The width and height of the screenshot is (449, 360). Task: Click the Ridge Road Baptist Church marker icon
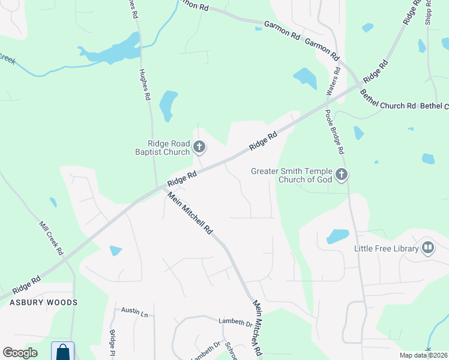pos(199,146)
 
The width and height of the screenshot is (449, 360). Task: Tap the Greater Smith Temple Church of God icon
pos(341,175)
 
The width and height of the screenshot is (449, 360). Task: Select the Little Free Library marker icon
pos(428,247)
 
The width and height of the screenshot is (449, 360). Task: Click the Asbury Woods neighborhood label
pos(43,302)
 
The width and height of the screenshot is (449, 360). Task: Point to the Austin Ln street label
pos(134,311)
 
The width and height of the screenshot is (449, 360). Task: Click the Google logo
pos(20,353)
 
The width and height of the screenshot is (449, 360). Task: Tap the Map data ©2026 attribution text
pos(424,355)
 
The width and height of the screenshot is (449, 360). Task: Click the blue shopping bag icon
pos(62,351)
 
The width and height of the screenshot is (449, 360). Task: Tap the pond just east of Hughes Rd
pos(169,105)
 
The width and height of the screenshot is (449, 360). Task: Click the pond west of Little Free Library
pos(337,236)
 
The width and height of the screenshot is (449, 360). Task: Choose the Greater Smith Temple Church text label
pos(292,175)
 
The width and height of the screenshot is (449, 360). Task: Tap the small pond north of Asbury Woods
pos(115,250)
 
